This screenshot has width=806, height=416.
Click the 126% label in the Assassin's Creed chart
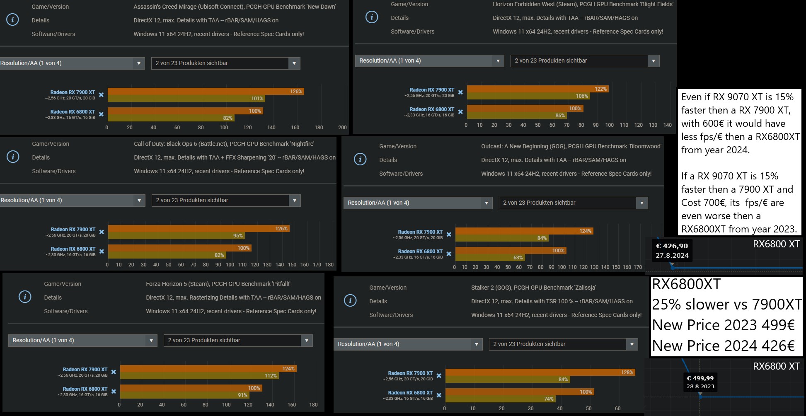(x=296, y=92)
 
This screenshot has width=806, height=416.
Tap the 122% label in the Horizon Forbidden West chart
(x=600, y=89)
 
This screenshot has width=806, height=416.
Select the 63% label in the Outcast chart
(x=518, y=258)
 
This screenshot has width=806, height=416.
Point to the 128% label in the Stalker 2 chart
(x=627, y=372)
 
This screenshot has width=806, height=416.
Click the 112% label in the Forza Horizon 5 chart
(x=271, y=376)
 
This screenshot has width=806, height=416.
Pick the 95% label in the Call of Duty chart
(x=238, y=236)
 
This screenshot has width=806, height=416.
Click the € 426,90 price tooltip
(x=672, y=250)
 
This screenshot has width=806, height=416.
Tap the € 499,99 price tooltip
(x=700, y=382)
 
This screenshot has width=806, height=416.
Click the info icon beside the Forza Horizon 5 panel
(x=25, y=297)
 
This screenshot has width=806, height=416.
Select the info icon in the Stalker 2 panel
(x=350, y=301)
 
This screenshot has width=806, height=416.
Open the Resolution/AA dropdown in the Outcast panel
(x=418, y=203)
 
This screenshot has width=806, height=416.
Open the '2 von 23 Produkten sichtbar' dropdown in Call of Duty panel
(x=226, y=200)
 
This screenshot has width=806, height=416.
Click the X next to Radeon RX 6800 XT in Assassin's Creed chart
(x=101, y=114)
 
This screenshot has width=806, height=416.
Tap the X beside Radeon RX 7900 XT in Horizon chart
(x=460, y=92)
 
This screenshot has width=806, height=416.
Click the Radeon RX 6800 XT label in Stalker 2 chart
(x=410, y=392)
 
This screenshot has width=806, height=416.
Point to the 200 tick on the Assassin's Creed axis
(x=342, y=128)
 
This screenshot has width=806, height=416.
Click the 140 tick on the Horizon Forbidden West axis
(x=667, y=125)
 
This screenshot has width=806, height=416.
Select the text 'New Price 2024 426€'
(x=723, y=346)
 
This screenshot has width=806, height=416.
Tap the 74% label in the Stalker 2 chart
(x=549, y=399)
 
